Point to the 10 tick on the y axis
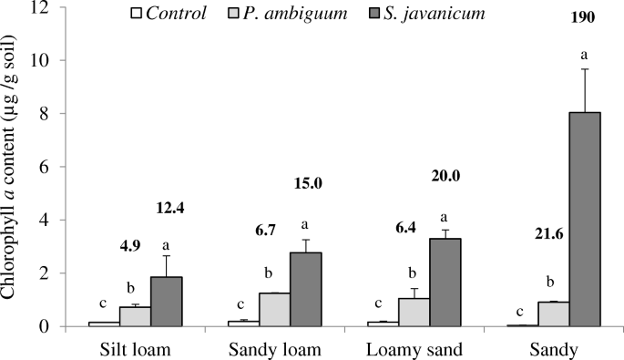pyautogui.click(x=48, y=60)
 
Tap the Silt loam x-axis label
pyautogui.click(x=136, y=348)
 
